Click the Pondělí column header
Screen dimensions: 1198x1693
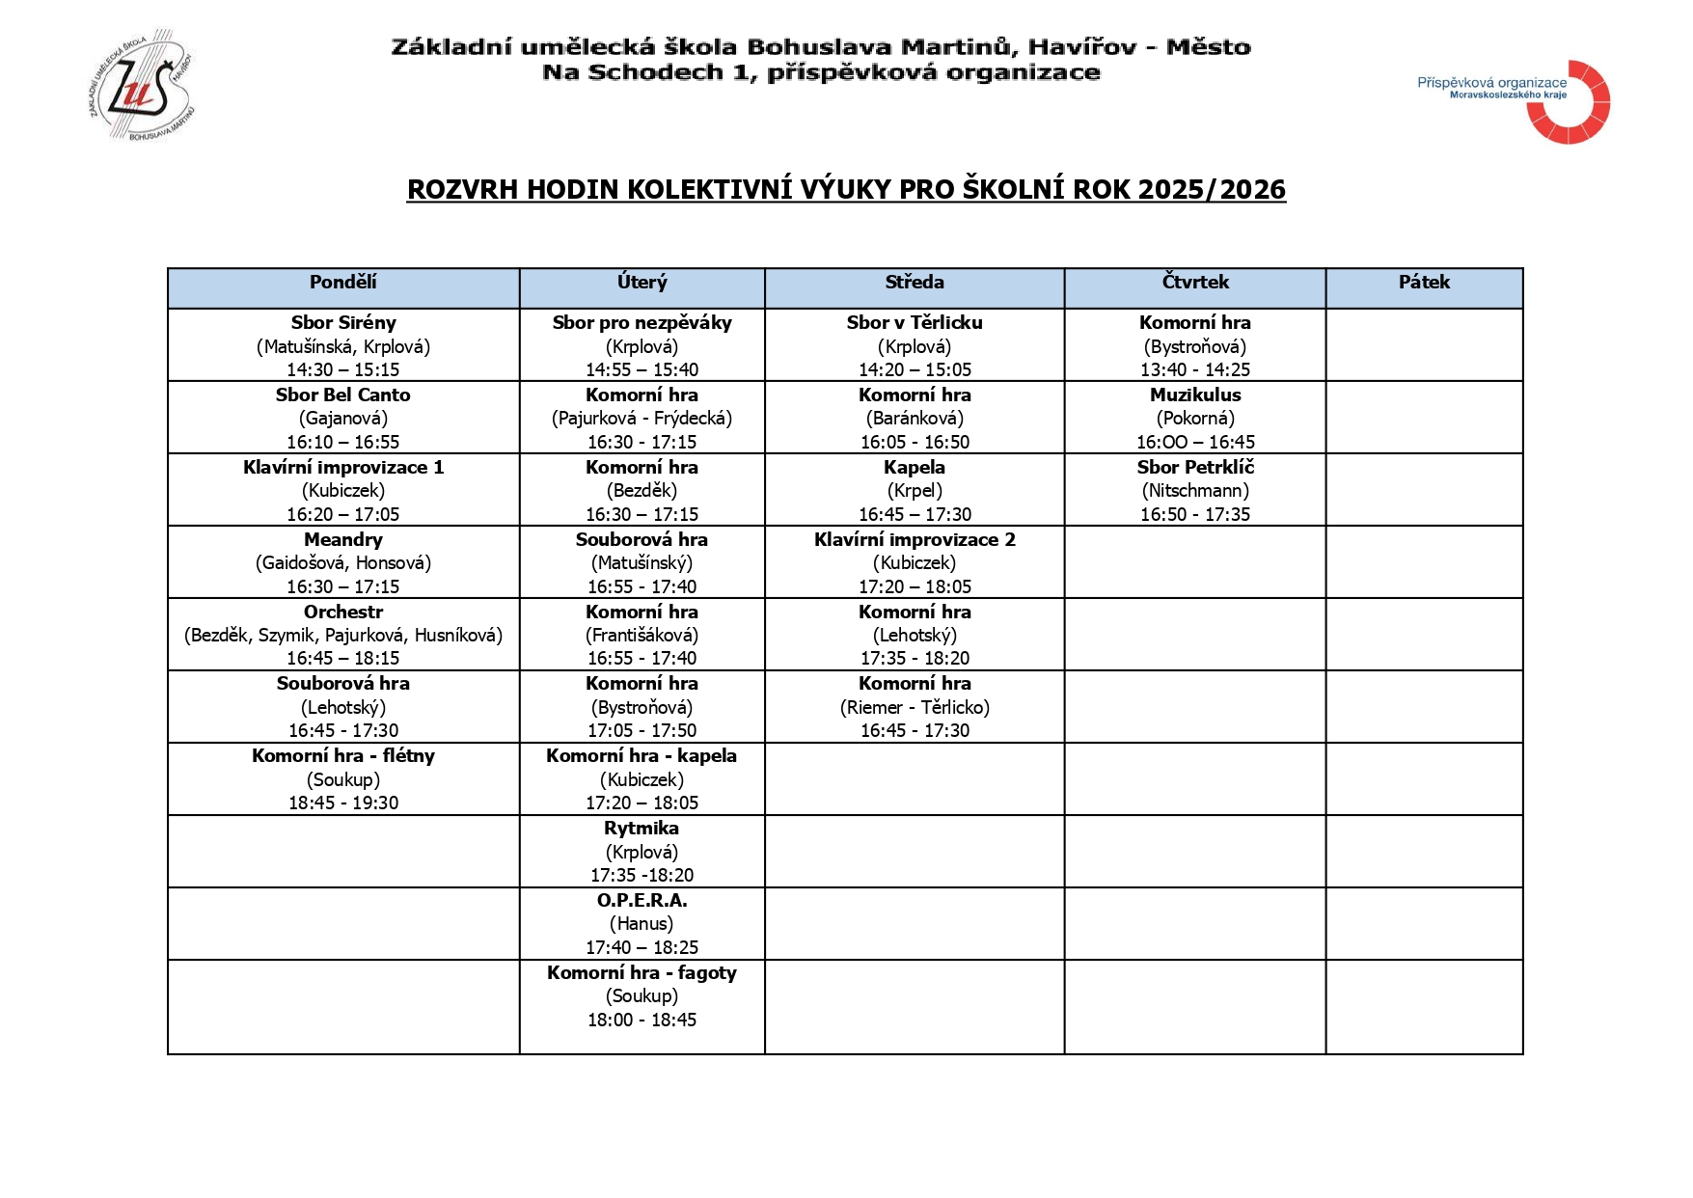click(x=342, y=283)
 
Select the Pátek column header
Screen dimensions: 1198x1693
click(x=1424, y=283)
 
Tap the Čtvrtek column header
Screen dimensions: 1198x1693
click(x=1195, y=283)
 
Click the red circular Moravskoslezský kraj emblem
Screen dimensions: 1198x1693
click(x=1569, y=102)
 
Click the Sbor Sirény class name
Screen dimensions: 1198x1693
click(x=343, y=323)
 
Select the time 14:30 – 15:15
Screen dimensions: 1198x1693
click(x=343, y=369)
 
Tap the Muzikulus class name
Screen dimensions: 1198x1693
click(x=1195, y=395)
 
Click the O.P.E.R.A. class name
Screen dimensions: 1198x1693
click(x=642, y=901)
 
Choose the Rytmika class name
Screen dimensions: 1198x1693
click(x=642, y=829)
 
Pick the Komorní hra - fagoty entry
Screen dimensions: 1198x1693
click(x=642, y=973)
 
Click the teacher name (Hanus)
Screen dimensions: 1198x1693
click(x=642, y=924)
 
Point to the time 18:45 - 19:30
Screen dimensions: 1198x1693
click(x=343, y=803)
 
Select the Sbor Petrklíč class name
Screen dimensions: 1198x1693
click(x=1195, y=468)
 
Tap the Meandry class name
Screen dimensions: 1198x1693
click(x=343, y=540)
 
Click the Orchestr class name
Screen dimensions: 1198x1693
click(x=343, y=613)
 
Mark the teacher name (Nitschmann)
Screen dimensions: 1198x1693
click(x=1195, y=491)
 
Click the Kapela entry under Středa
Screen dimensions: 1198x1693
click(x=915, y=468)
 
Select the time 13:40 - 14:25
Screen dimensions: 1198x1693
click(x=1195, y=369)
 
